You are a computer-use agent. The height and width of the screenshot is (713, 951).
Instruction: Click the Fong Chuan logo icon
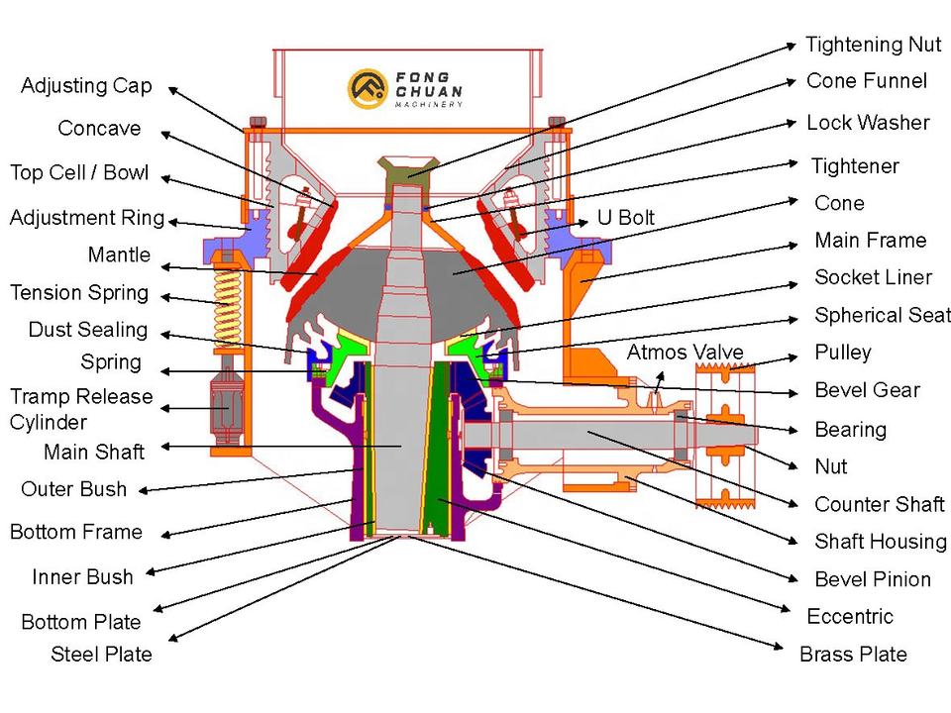(367, 88)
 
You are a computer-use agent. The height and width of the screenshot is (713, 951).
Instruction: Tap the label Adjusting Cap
(86, 86)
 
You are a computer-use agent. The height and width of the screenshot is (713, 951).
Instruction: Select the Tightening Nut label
(873, 45)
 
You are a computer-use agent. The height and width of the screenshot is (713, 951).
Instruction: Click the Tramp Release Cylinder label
(81, 409)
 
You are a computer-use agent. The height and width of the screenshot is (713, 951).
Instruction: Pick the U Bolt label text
(625, 217)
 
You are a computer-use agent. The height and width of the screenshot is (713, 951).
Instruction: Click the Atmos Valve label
(685, 353)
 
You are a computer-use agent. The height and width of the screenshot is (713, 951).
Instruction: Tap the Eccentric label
(850, 616)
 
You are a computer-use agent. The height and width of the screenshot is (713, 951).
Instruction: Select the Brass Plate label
(853, 654)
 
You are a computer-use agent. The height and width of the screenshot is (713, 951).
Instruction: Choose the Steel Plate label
(102, 654)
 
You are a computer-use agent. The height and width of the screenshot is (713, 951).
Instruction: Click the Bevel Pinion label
(873, 579)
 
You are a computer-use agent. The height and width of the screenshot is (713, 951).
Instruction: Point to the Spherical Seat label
(882, 315)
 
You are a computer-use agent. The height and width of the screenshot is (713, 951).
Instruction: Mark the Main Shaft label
(94, 453)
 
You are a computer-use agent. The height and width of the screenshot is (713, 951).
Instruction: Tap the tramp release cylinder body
(229, 405)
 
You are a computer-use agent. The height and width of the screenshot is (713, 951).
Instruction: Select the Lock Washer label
(868, 123)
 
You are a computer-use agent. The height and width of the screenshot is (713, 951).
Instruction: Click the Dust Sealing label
(87, 330)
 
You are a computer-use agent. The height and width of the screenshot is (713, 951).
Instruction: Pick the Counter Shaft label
(880, 504)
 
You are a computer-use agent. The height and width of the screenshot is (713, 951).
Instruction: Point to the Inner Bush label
(82, 576)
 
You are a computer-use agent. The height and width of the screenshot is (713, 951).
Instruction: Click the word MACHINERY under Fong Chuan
(429, 104)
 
